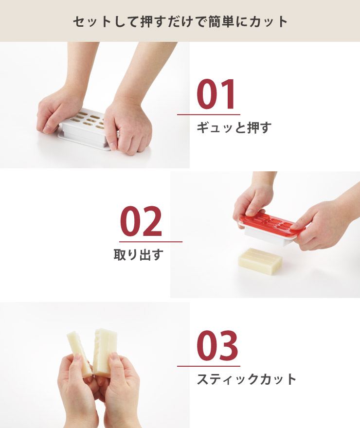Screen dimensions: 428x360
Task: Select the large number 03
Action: [217, 346]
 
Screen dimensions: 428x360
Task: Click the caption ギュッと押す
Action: [234, 128]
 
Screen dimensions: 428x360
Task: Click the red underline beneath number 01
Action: [208, 114]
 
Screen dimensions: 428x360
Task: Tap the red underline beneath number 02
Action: [150, 241]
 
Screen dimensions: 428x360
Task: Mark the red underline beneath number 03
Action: [208, 366]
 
